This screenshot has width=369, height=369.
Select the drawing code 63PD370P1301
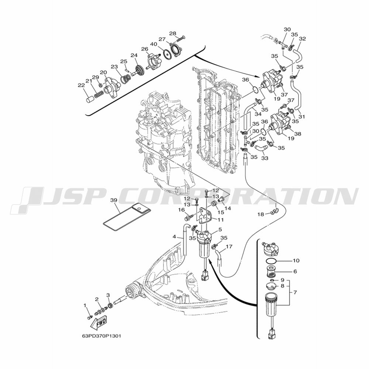[x=101, y=336]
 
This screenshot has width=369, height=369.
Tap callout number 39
[x=114, y=200]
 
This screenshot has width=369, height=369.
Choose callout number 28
[x=173, y=34]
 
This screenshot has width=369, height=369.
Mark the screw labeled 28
[x=180, y=38]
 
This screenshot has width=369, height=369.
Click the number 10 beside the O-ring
[x=296, y=261]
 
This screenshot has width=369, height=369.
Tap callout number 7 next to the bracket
[x=295, y=292]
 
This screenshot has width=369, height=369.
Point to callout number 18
[x=261, y=214]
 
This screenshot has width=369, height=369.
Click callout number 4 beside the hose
[x=174, y=237]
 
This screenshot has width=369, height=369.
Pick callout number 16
[x=181, y=210]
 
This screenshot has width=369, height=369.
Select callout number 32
[x=303, y=38]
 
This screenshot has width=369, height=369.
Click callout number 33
[x=265, y=158]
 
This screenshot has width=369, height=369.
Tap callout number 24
[x=134, y=55]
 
